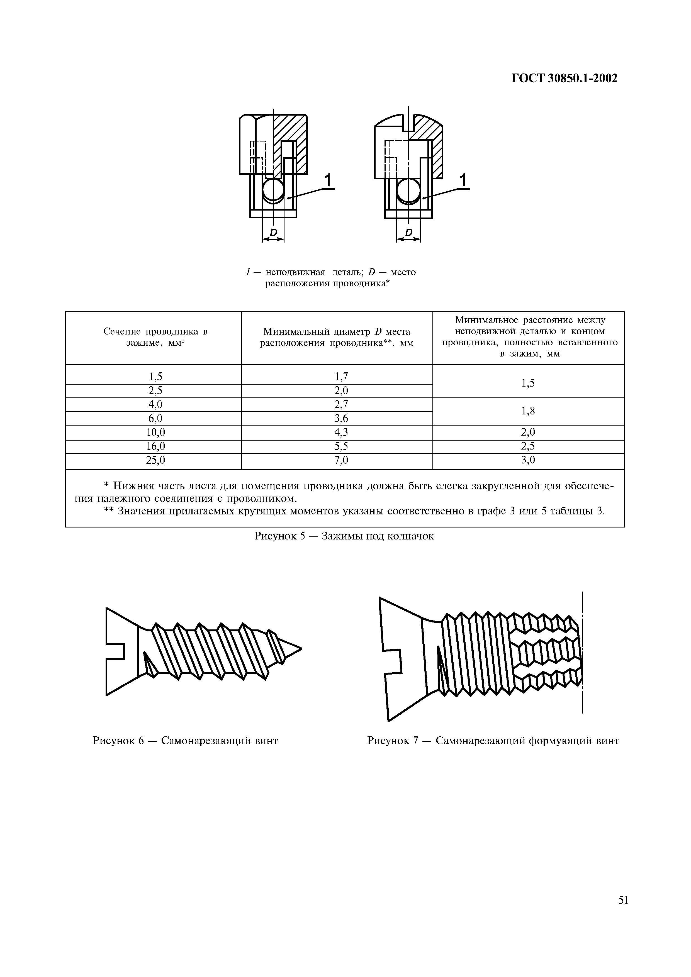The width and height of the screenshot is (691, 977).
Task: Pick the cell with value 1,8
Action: (x=528, y=411)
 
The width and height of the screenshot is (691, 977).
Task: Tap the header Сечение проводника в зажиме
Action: (x=155, y=338)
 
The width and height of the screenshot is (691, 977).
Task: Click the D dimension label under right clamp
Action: (x=409, y=232)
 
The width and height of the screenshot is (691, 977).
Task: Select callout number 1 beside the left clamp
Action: (x=328, y=181)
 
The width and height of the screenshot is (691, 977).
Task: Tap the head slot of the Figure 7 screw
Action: (x=393, y=662)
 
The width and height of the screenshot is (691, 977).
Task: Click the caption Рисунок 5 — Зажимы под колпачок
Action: (x=344, y=536)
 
